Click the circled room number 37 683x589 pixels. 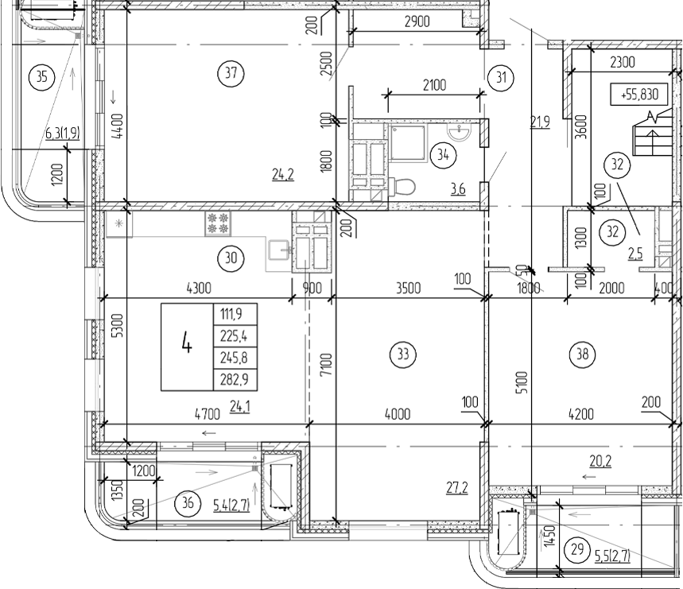click(231, 74)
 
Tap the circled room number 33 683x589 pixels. click(406, 355)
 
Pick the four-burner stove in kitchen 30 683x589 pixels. click(216, 223)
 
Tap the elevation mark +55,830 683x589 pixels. click(639, 95)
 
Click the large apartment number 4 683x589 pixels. click(187, 346)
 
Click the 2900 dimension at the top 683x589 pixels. click(417, 22)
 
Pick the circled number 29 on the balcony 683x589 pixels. click(577, 548)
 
